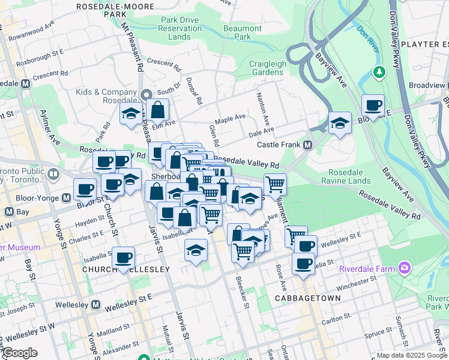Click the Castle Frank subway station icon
coord(308,145)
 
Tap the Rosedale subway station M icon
coord(25,83)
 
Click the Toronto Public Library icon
coord(53,175)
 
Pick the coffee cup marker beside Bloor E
coord(373,106)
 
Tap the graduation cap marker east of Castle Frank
coord(340,124)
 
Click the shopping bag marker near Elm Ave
coord(157,110)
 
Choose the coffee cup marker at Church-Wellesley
coord(124,258)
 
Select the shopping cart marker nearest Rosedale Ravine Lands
coord(275,185)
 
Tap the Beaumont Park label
coord(243,32)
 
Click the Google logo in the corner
coord(19,353)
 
